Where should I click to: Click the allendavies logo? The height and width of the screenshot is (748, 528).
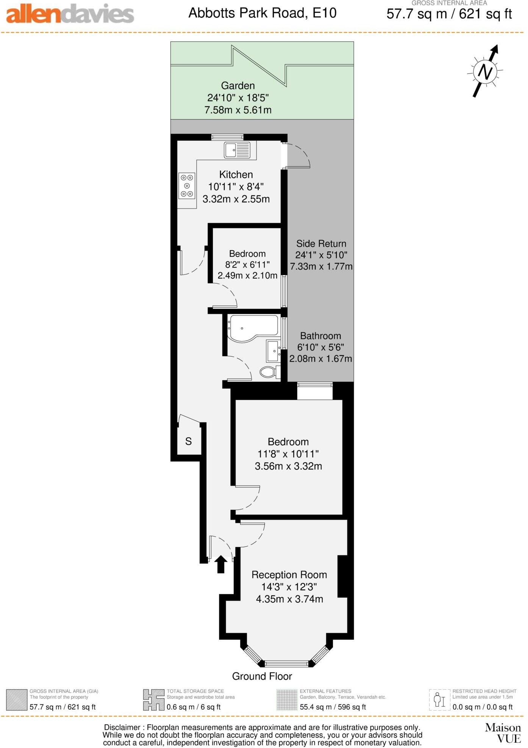(70, 14)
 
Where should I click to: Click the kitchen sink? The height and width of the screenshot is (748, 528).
(237, 150)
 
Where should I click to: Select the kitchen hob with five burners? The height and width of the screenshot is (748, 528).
(187, 185)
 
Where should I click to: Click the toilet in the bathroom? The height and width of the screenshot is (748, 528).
(269, 372)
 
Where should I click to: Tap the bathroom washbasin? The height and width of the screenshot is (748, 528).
(273, 351)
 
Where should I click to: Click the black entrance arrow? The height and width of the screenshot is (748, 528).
(221, 564)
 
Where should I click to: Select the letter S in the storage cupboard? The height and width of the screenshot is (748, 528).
(188, 441)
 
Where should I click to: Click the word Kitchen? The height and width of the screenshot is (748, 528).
(236, 175)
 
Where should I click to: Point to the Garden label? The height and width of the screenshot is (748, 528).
(238, 86)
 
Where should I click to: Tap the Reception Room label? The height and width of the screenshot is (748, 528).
(289, 575)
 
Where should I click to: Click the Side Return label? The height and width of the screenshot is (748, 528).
(321, 243)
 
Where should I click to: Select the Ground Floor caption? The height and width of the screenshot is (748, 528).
(262, 676)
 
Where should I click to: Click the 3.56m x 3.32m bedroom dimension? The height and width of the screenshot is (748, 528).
(288, 466)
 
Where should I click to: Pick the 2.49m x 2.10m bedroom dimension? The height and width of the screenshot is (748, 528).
(247, 276)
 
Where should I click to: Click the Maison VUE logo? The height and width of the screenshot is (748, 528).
(503, 733)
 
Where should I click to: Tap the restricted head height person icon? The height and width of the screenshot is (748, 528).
(439, 700)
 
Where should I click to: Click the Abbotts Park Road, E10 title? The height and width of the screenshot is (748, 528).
(262, 13)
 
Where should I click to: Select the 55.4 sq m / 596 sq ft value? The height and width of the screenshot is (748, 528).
(333, 707)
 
